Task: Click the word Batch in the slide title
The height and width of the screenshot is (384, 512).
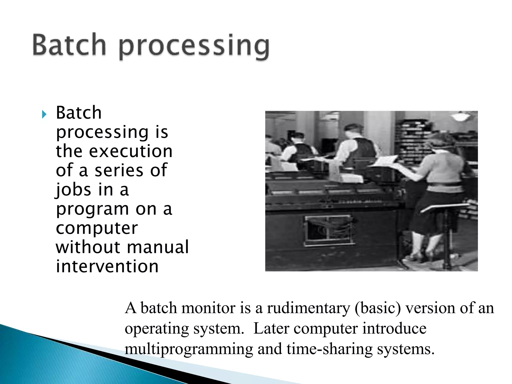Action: point(69,45)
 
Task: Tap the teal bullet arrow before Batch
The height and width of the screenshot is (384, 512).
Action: point(44,115)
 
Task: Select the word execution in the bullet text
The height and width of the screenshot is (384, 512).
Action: point(131,151)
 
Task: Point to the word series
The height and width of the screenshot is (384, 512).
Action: point(119,170)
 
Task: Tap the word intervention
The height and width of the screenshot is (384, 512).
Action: point(107,266)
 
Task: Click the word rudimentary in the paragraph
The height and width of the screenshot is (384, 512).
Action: point(308,308)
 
